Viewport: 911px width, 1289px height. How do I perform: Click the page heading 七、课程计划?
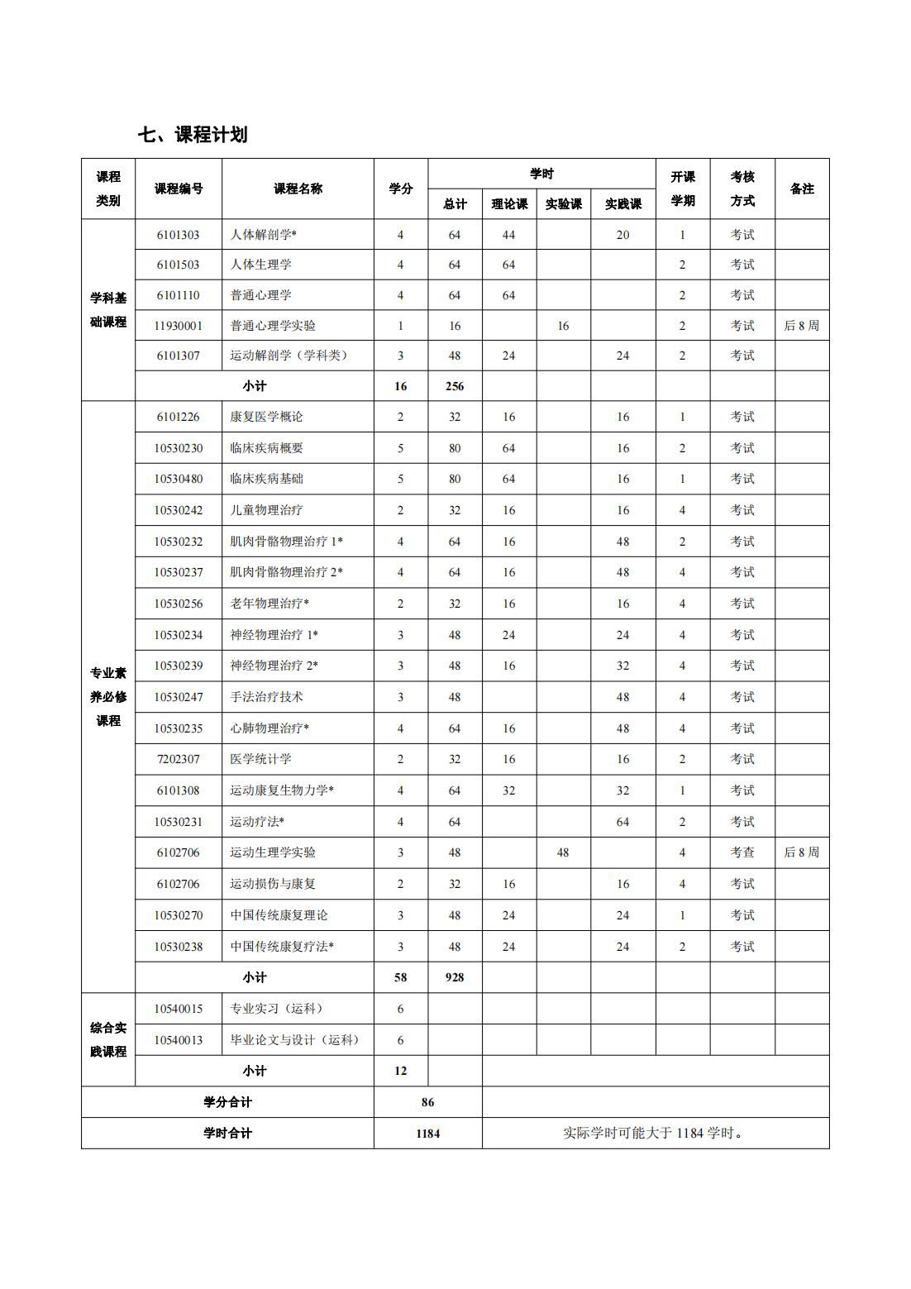pyautogui.click(x=193, y=135)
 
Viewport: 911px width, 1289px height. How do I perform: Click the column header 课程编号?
pyautogui.click(x=178, y=189)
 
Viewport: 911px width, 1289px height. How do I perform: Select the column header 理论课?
pyautogui.click(x=508, y=204)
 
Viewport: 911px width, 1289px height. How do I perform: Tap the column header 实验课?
pyautogui.click(x=563, y=204)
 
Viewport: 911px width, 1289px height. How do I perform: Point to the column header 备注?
pyautogui.click(x=801, y=189)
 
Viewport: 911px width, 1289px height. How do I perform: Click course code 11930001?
pyautogui.click(x=178, y=326)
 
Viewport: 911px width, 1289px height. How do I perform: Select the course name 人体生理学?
pyautogui.click(x=260, y=265)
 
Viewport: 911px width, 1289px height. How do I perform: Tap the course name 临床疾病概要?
pyautogui.click(x=266, y=448)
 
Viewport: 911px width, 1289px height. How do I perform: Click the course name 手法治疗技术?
pyautogui.click(x=266, y=697)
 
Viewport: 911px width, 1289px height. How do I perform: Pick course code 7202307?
pyautogui.click(x=178, y=759)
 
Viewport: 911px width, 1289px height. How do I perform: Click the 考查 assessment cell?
pyautogui.click(x=742, y=852)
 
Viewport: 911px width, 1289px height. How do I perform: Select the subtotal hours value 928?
pyautogui.click(x=454, y=977)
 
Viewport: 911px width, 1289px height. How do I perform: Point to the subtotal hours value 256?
pyautogui.click(x=454, y=386)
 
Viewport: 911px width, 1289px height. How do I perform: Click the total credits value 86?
pyautogui.click(x=427, y=1102)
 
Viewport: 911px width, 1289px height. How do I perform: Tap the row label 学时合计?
pyautogui.click(x=227, y=1134)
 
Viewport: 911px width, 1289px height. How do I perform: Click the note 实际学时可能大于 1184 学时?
pyautogui.click(x=654, y=1134)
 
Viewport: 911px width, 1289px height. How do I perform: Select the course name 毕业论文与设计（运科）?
pyautogui.click(x=295, y=1040)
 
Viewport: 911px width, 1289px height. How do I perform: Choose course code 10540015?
pyautogui.click(x=178, y=1009)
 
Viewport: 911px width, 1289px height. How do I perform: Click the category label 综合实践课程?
pyautogui.click(x=108, y=1039)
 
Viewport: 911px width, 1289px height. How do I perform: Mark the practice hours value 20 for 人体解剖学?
pyautogui.click(x=622, y=235)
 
